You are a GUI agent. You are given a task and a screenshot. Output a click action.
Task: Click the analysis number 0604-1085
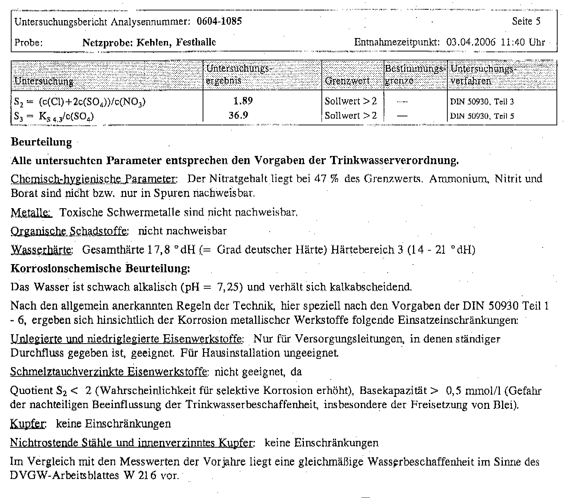click(x=219, y=21)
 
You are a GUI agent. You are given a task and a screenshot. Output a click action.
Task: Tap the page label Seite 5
click(x=526, y=21)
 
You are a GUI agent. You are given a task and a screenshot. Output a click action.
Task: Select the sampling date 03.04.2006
click(x=471, y=42)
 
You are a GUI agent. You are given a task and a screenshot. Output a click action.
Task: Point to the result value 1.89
click(x=243, y=101)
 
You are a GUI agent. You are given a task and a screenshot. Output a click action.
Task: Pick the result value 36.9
click(x=238, y=115)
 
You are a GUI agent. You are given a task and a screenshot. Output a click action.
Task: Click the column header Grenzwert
click(x=347, y=81)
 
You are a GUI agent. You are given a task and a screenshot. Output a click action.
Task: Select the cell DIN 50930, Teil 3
click(x=482, y=101)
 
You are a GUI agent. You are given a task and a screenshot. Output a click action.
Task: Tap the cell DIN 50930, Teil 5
click(x=482, y=116)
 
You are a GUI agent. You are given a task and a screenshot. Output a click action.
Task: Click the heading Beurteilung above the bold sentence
click(x=41, y=142)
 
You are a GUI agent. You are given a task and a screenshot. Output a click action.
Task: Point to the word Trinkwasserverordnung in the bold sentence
click(x=394, y=161)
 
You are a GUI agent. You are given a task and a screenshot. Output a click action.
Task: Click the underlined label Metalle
click(x=31, y=213)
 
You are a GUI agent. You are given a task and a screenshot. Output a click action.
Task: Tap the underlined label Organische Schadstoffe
click(x=69, y=231)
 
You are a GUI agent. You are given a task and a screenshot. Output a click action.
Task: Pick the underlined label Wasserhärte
click(x=41, y=250)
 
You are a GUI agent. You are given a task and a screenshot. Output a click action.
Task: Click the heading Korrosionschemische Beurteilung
click(x=100, y=269)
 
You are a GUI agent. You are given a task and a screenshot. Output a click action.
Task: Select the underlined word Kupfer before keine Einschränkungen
click(x=28, y=424)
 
